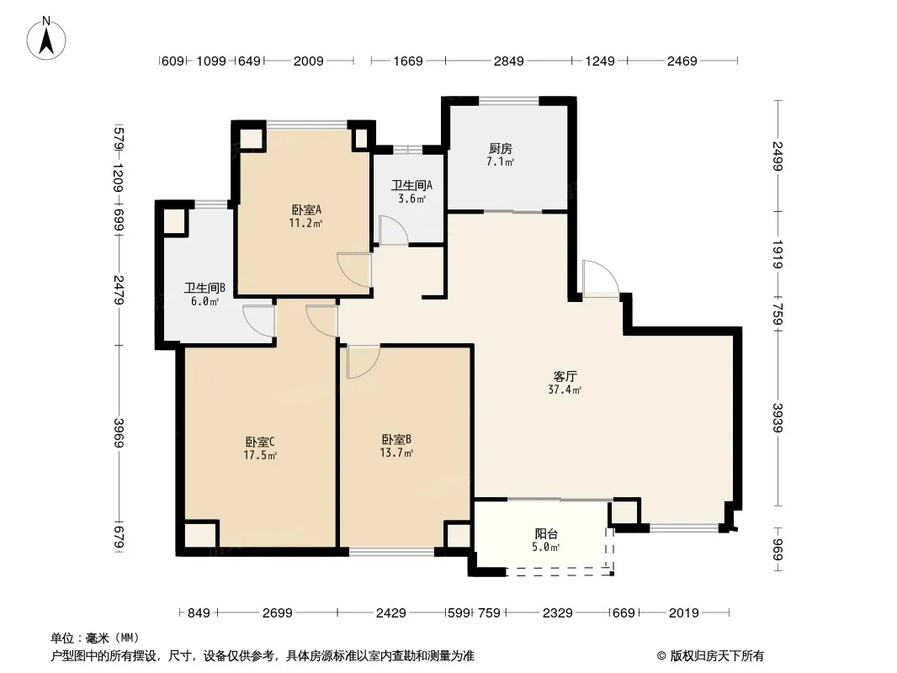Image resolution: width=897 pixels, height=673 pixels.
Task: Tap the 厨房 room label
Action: pyautogui.click(x=500, y=149)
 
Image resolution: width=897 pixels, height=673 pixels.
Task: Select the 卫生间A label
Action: pyautogui.click(x=411, y=185)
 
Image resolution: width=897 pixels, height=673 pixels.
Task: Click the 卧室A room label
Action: pyautogui.click(x=306, y=209)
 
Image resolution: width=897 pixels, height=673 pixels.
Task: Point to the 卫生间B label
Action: pyautogui.click(x=204, y=288)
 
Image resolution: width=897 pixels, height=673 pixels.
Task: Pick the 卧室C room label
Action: pyautogui.click(x=260, y=442)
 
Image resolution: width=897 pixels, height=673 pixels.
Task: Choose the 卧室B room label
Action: pyautogui.click(x=396, y=440)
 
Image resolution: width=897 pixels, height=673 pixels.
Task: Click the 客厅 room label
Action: pyautogui.click(x=565, y=376)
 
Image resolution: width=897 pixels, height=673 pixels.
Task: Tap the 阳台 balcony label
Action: pyautogui.click(x=546, y=533)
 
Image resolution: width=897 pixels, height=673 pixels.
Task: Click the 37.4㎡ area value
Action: pyautogui.click(x=565, y=390)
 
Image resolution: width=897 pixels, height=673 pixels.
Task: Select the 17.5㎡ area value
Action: pyautogui.click(x=260, y=456)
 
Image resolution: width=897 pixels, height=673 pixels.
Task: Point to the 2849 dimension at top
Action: pyautogui.click(x=508, y=61)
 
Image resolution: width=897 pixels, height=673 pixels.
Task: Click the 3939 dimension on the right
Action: pyautogui.click(x=778, y=418)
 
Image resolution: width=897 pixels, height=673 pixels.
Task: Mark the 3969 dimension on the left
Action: pyautogui.click(x=119, y=433)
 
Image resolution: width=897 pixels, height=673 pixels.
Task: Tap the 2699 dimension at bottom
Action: pyautogui.click(x=278, y=613)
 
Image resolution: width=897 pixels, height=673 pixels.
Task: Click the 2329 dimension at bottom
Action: pyautogui.click(x=558, y=613)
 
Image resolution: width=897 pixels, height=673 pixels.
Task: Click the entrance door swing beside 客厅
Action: pyautogui.click(x=600, y=278)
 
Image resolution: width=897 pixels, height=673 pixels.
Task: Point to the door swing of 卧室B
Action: pyautogui.click(x=363, y=362)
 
